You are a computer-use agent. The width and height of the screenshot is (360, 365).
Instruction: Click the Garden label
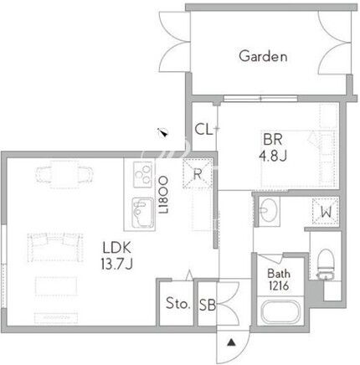263,56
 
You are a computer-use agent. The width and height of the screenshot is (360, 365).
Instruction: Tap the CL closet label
203,130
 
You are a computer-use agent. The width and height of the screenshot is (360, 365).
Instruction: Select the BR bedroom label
273,140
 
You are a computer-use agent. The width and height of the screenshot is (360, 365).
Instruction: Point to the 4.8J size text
273,156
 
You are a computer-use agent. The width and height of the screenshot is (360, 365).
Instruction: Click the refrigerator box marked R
198,173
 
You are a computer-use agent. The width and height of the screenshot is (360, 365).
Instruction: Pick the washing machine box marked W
326,211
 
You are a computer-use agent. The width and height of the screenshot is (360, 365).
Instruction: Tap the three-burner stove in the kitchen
143,174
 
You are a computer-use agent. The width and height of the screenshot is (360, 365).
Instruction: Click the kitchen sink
143,213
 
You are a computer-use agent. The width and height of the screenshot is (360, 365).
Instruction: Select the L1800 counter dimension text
163,195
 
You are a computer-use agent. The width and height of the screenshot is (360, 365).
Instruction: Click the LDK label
116,248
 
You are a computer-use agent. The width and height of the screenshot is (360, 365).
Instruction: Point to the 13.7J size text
116,264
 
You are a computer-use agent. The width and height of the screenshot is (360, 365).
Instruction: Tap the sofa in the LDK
55,247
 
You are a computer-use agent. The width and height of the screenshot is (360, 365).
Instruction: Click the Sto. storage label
178,303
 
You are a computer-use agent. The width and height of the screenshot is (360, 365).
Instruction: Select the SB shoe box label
208,305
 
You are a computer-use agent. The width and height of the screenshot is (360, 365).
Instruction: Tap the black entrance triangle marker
231,342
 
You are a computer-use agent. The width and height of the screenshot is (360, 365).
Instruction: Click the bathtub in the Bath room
280,312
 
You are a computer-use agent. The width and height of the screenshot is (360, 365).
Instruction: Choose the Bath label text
279,274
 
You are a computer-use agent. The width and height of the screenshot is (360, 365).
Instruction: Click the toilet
326,264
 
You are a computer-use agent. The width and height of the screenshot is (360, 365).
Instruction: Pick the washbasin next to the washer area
269,211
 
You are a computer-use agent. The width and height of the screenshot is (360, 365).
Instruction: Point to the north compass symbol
162,132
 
